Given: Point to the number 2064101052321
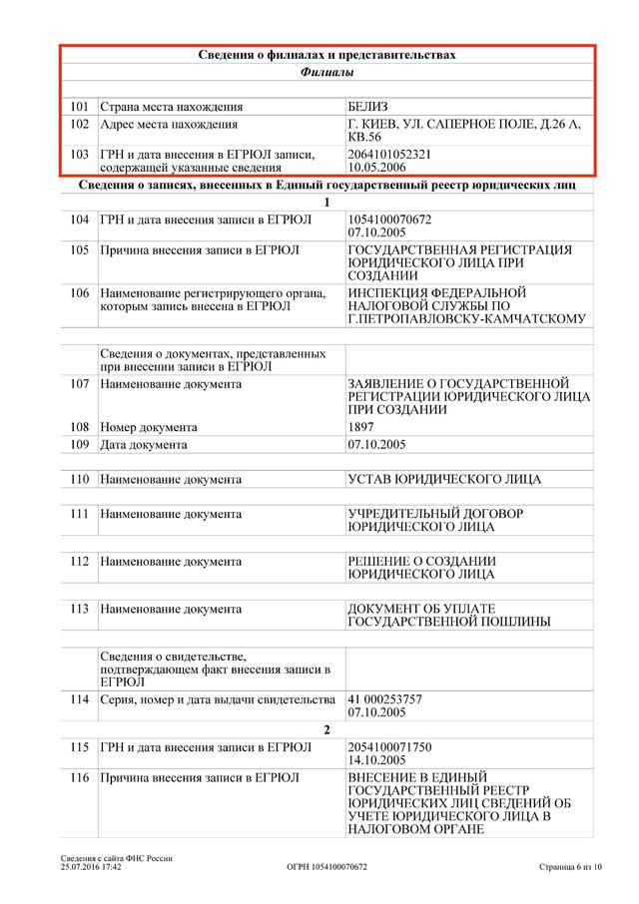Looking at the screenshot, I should pyautogui.click(x=388, y=155).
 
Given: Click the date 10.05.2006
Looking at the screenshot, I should pyautogui.click(x=376, y=169).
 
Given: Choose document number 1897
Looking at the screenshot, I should pyautogui.click(x=360, y=427).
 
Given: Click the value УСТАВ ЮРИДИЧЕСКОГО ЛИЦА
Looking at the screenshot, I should pyautogui.click(x=444, y=479).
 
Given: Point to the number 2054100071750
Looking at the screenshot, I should pyautogui.click(x=388, y=746).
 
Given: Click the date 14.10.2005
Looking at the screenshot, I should pyautogui.click(x=376, y=760).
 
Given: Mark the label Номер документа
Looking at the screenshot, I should pyautogui.click(x=149, y=427).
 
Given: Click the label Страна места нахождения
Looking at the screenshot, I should pyautogui.click(x=172, y=106).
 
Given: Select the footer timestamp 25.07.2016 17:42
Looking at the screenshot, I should pyautogui.click(x=91, y=867).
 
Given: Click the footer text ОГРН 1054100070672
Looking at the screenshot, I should pyautogui.click(x=326, y=867).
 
